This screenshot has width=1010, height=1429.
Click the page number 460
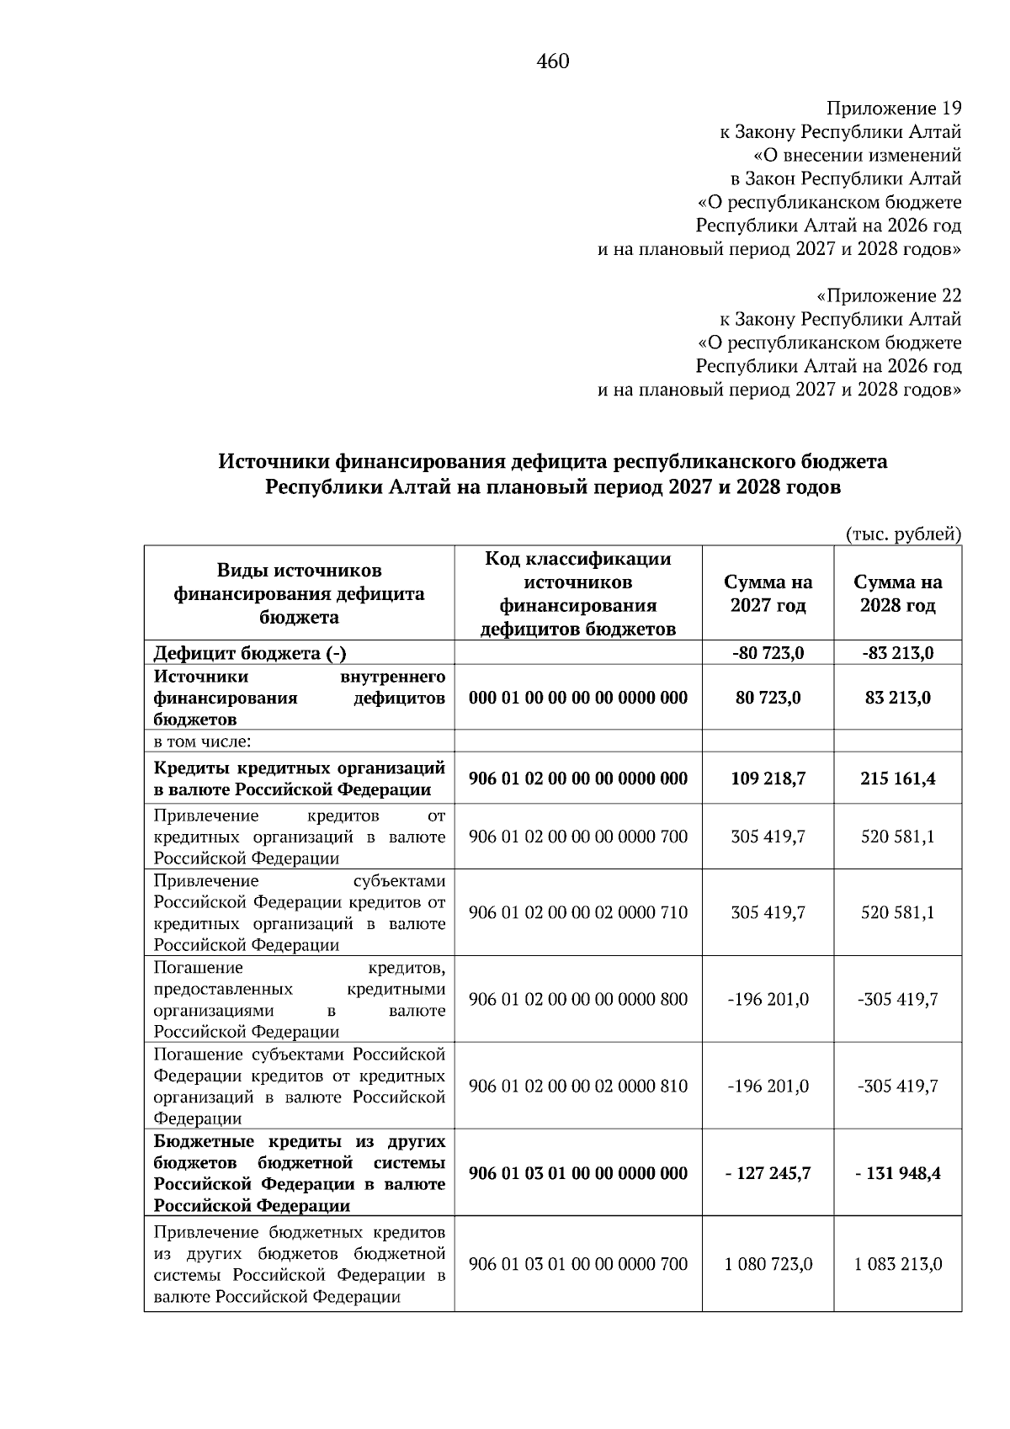pyautogui.click(x=553, y=61)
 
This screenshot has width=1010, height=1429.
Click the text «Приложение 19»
pyautogui.click(x=893, y=109)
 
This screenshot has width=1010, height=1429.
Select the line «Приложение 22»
pyautogui.click(x=889, y=296)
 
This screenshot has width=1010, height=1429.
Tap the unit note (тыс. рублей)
pyautogui.click(x=902, y=534)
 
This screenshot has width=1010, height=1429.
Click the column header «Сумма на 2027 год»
pyautogui.click(x=768, y=593)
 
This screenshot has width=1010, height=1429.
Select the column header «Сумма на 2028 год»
pyautogui.click(x=897, y=593)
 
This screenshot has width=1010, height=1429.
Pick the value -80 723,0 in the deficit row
pyautogui.click(x=768, y=653)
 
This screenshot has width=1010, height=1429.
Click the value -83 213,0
pyautogui.click(x=897, y=653)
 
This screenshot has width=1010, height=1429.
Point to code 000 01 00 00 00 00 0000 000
pyautogui.click(x=577, y=698)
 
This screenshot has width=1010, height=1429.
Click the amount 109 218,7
pyautogui.click(x=768, y=779)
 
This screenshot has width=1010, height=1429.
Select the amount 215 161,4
pyautogui.click(x=897, y=779)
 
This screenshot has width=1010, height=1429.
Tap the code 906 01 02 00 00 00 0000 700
pyautogui.click(x=577, y=837)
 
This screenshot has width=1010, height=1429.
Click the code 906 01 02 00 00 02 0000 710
pyautogui.click(x=577, y=912)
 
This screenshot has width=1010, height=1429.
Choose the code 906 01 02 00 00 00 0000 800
pyautogui.click(x=577, y=999)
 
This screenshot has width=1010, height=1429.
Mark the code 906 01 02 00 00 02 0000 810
pyautogui.click(x=577, y=1086)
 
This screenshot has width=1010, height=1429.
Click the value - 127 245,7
pyautogui.click(x=768, y=1173)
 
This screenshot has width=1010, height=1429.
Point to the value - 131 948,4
pyautogui.click(x=897, y=1173)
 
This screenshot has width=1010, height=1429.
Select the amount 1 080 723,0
pyautogui.click(x=768, y=1264)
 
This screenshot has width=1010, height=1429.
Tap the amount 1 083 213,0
pyautogui.click(x=897, y=1264)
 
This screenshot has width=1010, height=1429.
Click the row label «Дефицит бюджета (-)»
pyautogui.click(x=249, y=653)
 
